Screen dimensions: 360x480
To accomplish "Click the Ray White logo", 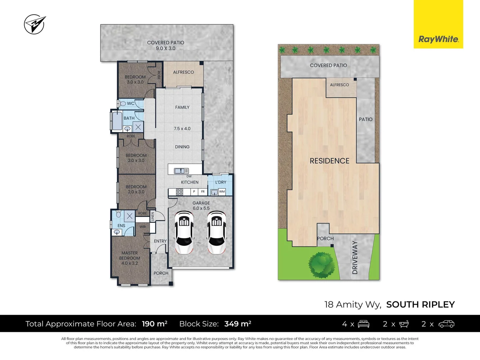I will (x=438, y=39).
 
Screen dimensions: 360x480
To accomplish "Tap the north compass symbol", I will (x=34, y=24).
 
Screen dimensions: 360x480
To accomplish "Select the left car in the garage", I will (x=184, y=232).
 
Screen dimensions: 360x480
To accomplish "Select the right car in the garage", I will (x=217, y=232).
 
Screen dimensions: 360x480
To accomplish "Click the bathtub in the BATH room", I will (x=117, y=121).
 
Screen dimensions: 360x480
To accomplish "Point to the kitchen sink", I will (x=181, y=171).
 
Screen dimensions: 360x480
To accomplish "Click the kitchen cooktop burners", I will (x=179, y=192).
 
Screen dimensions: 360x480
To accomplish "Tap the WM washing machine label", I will (x=222, y=192).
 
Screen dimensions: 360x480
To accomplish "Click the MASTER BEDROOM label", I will (x=130, y=258).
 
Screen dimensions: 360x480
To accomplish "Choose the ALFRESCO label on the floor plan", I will (x=183, y=72).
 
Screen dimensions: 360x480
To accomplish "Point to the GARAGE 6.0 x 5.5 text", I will (x=201, y=206).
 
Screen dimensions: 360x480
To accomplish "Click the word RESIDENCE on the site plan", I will (x=329, y=161).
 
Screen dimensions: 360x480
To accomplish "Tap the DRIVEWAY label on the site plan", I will (x=355, y=258).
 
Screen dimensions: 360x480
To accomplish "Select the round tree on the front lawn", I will (x=321, y=265).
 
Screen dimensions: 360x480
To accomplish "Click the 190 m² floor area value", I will (x=154, y=324).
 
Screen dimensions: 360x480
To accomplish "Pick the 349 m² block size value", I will (x=238, y=324).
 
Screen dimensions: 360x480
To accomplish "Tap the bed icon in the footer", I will (x=363, y=324).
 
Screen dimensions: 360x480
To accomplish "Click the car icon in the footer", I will (x=446, y=324).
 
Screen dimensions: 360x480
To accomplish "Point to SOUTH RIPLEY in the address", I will (x=420, y=305).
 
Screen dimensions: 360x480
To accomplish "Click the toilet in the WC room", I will (x=123, y=104).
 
